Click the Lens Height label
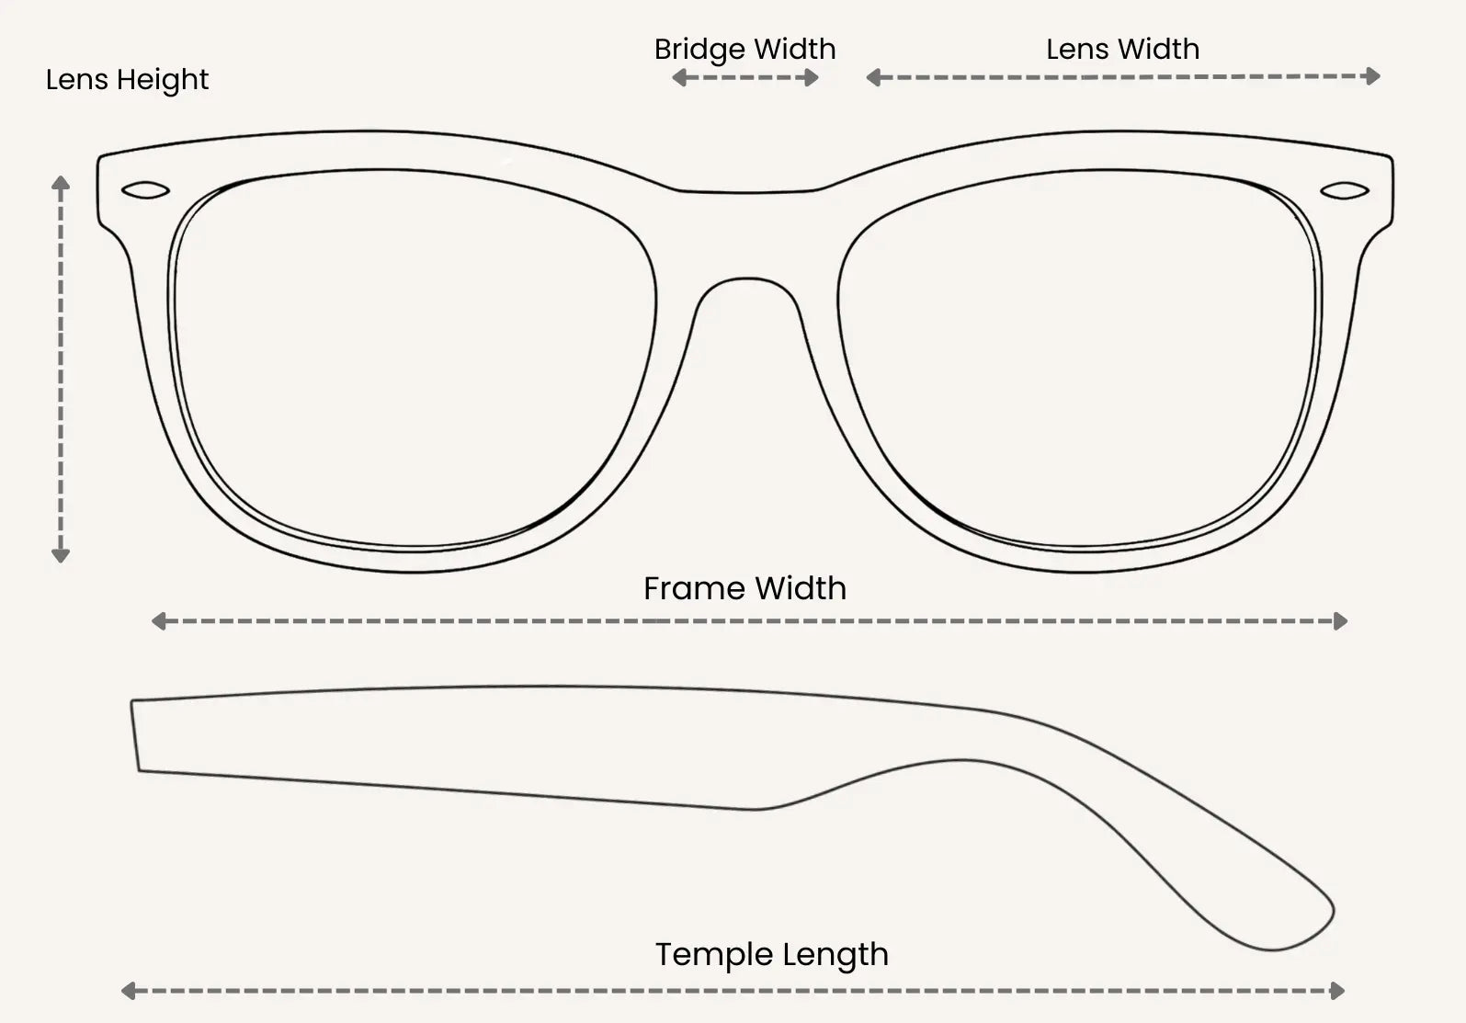pos(127,80)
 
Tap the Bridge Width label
pos(744,50)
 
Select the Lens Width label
pos(1122,50)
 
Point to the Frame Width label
pos(744,588)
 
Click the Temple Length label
pos(771,954)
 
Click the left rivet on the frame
pos(145,191)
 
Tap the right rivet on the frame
pos(1344,191)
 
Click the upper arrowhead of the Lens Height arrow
pos(61,183)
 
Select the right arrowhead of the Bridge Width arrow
pos(812,78)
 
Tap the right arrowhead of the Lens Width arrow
pos(1373,76)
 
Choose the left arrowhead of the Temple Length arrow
pos(129,991)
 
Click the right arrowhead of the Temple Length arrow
pos(1337,991)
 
